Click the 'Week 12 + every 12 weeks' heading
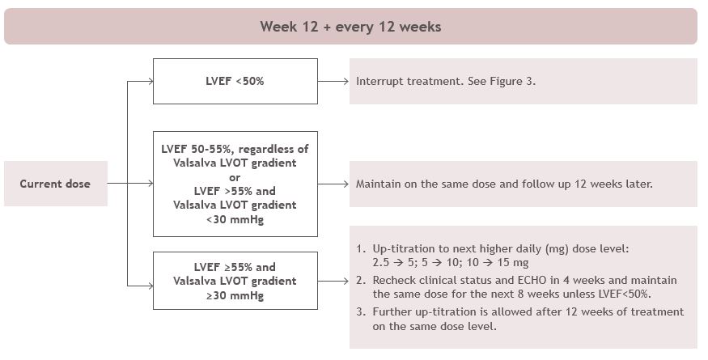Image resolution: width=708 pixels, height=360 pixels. point(350,27)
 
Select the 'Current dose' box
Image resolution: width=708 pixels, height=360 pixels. point(56,184)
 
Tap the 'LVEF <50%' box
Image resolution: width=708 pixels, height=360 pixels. point(235,82)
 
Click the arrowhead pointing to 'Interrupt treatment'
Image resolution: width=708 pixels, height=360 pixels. point(346,82)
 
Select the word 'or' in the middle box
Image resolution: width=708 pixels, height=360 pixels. point(235,177)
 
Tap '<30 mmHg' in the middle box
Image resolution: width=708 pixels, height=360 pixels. point(235,219)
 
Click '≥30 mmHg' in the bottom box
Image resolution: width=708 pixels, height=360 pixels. point(235,295)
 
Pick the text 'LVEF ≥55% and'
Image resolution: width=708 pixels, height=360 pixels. point(235,267)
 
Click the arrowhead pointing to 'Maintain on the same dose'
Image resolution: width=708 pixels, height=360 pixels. point(346,184)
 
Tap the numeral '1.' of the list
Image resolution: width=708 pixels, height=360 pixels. point(360,248)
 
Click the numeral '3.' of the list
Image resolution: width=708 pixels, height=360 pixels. point(360,311)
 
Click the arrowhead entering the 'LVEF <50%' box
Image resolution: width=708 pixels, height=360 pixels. point(151,82)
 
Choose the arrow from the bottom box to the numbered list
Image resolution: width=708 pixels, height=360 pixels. point(333,281)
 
